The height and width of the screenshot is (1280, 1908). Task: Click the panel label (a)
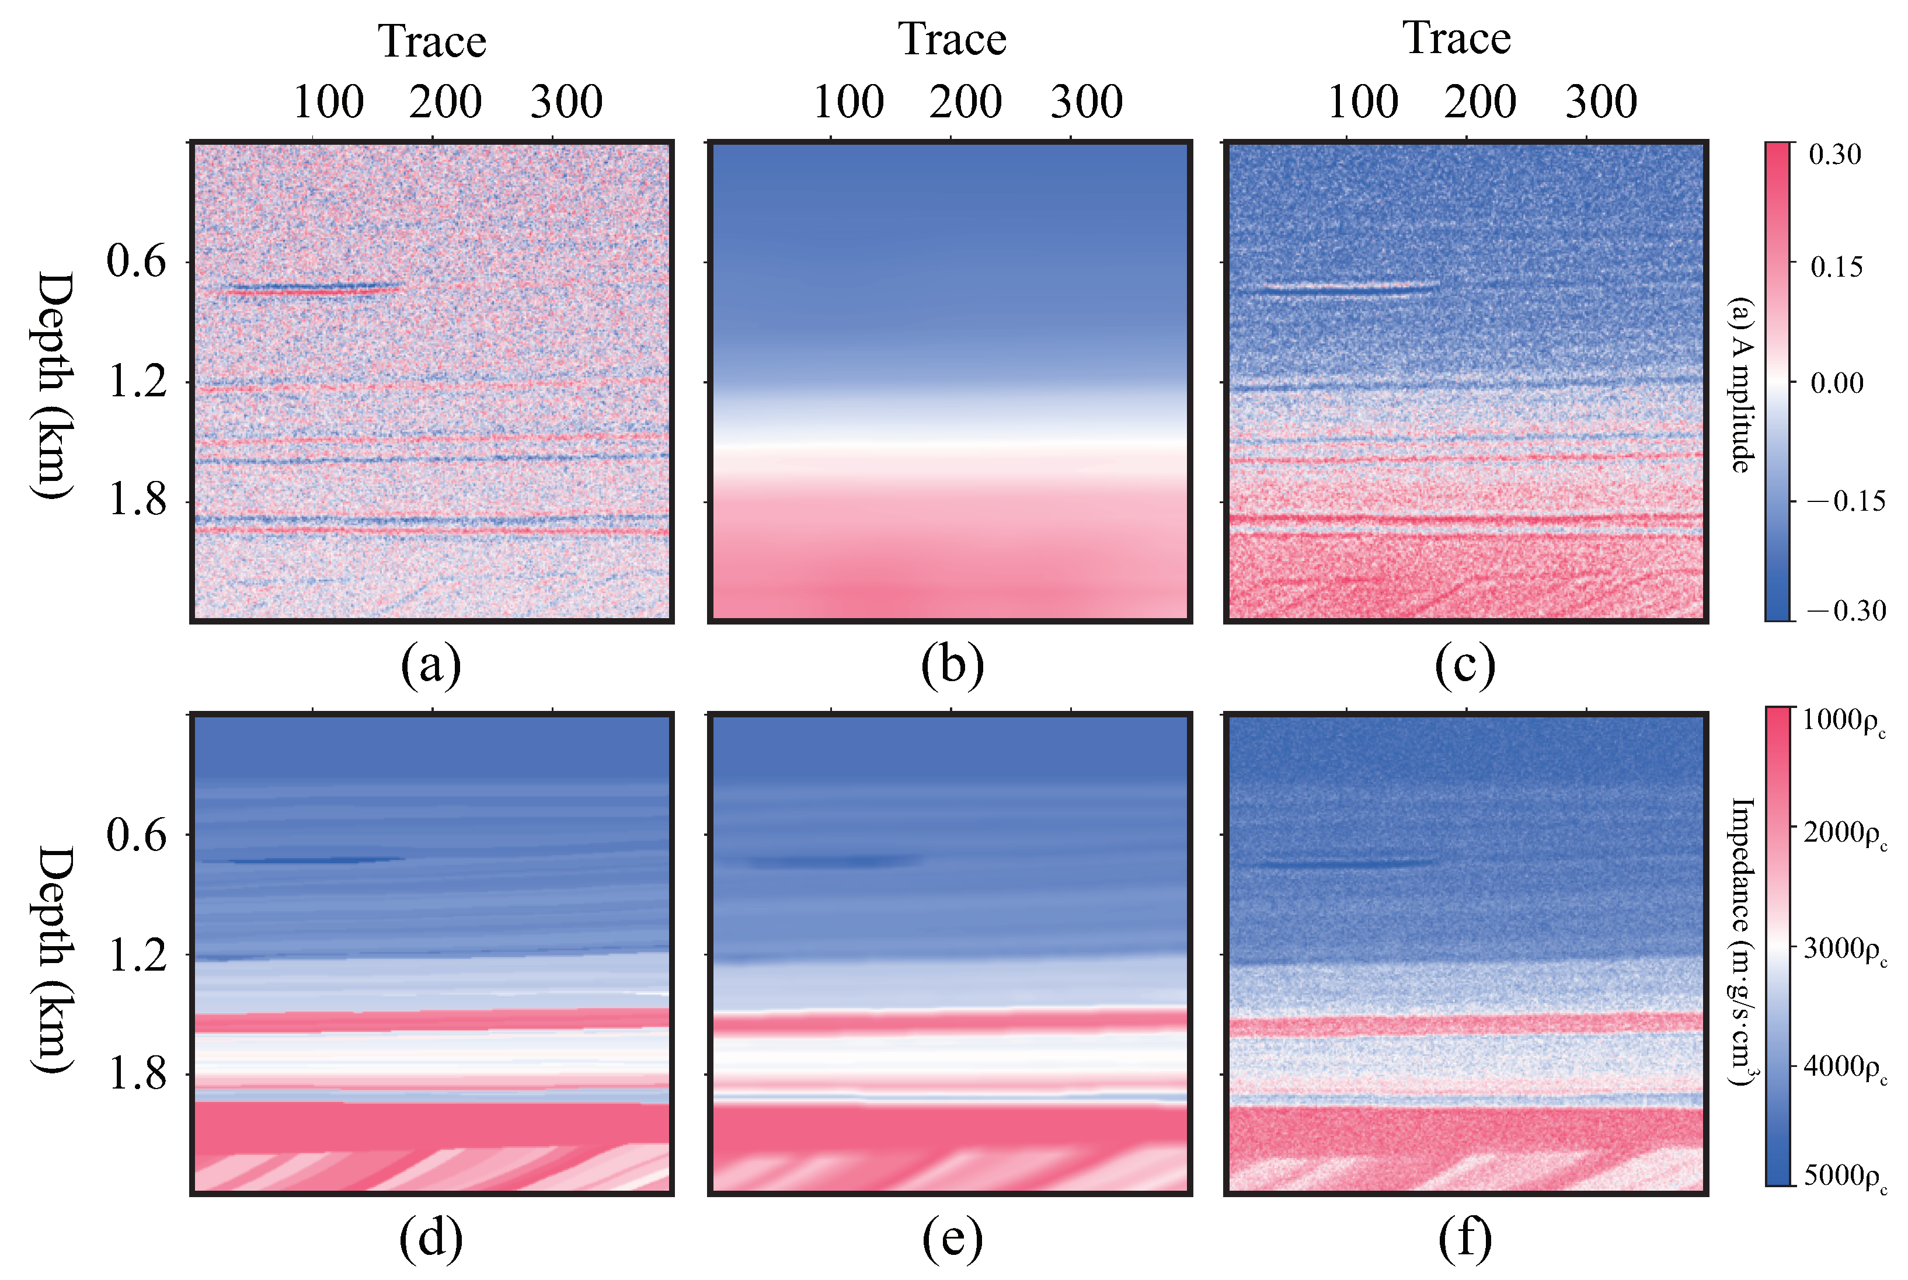coord(431,665)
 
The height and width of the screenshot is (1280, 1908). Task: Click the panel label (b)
coord(952,665)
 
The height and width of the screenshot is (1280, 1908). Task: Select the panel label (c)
coord(1465,665)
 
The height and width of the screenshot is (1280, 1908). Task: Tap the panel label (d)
coord(431,1239)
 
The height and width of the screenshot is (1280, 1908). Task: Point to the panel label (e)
coord(952,1239)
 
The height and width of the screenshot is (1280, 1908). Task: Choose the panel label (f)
coord(1465,1239)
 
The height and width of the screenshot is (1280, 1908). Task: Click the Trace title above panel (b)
coord(952,39)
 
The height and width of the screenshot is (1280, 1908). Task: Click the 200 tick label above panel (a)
coord(445,102)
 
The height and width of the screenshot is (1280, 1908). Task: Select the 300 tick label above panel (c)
coord(1600,102)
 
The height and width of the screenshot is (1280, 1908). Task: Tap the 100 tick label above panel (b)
coord(848,102)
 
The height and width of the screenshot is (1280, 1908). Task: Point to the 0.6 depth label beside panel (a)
coord(137,261)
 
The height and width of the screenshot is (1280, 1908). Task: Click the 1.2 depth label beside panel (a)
coord(137,381)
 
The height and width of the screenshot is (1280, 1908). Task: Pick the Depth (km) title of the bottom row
coord(54,958)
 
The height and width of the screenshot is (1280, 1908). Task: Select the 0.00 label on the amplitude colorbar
coord(1836,383)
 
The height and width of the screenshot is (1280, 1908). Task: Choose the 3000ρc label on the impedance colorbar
coord(1844,950)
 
